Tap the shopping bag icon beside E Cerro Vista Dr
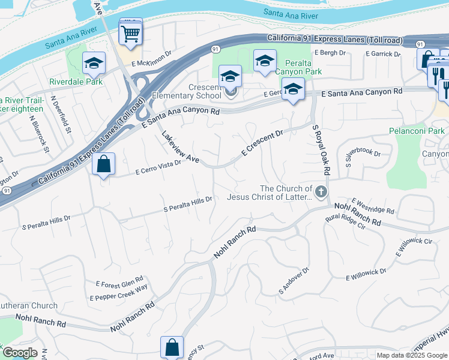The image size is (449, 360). click(104, 164)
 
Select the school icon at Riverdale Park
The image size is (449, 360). click(93, 64)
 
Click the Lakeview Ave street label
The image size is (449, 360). click(180, 148)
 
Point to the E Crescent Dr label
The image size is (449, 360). click(262, 144)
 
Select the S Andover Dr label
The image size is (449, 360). click(293, 280)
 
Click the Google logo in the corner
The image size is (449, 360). click(19, 353)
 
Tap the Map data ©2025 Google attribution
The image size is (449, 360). click(411, 355)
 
